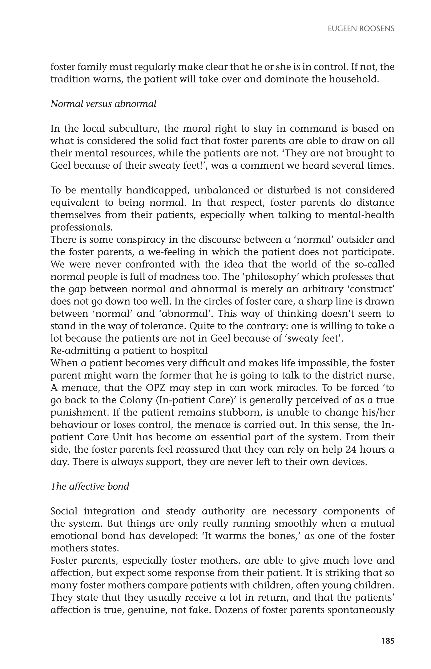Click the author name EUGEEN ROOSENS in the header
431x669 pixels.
click(x=361, y=29)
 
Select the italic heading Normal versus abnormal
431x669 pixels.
click(x=103, y=104)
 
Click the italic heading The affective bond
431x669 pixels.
click(x=90, y=486)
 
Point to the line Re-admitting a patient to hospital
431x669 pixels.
click(x=129, y=351)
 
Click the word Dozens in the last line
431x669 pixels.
click(x=230, y=610)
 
